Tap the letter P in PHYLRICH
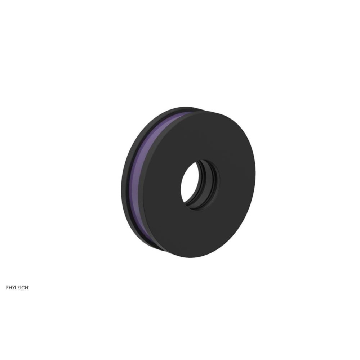point(8,288)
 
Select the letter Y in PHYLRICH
point(14,288)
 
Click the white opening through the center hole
point(188,182)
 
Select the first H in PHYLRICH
point(10,288)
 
